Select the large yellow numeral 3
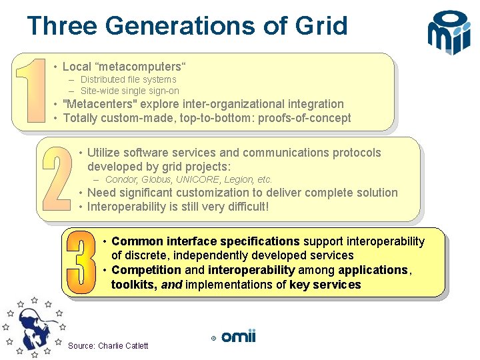81,262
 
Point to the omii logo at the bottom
238,337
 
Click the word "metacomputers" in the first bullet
142,67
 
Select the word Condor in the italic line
120,179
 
